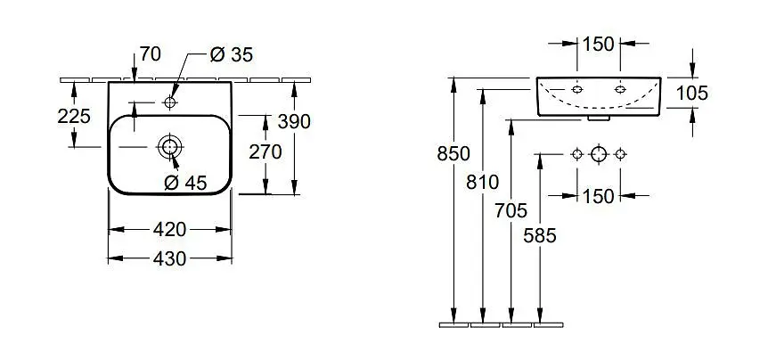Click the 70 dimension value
(150, 54)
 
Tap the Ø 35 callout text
(231, 54)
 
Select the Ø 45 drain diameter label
(185, 184)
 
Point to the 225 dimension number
(74, 117)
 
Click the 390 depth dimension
(294, 121)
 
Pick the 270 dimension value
(265, 152)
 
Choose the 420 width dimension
(170, 229)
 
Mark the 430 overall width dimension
(170, 258)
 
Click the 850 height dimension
(453, 154)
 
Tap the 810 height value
(483, 183)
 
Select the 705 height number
(511, 211)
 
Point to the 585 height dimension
(540, 236)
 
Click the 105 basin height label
(692, 93)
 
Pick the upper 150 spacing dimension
(598, 44)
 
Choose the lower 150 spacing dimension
(598, 196)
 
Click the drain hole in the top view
(170, 147)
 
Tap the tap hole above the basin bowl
(170, 102)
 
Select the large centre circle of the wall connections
(599, 154)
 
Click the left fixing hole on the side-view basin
(577, 90)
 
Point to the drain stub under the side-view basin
(599, 119)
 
